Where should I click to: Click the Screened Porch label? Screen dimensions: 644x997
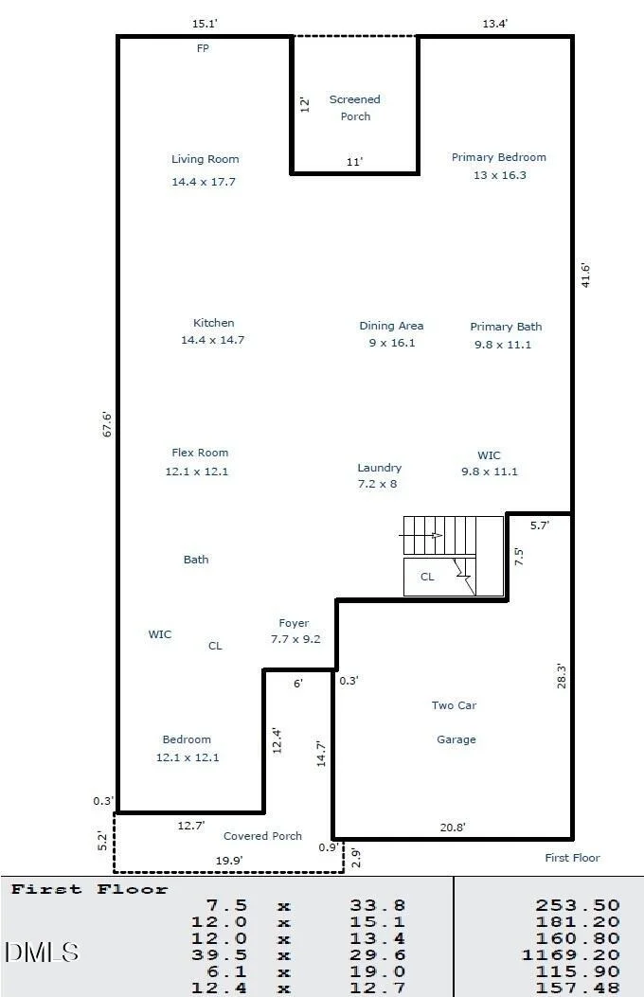coord(355,107)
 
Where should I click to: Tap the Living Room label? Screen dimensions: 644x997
coord(205,159)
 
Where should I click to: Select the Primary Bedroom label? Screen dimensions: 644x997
coord(499,157)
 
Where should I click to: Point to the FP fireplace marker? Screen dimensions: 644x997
coord(203,48)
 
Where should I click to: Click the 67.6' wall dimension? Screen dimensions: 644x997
coord(107,424)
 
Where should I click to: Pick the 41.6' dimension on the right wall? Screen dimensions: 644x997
coord(585,276)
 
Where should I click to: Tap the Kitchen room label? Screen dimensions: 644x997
coord(214,323)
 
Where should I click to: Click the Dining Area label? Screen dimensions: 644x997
coord(392,326)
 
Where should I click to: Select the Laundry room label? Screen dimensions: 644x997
coord(380,468)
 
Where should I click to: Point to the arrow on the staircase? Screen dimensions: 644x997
coord(420,535)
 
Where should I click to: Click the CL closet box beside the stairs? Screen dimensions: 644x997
coord(439,577)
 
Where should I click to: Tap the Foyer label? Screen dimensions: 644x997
coord(294,623)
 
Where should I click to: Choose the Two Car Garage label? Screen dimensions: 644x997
coord(455,722)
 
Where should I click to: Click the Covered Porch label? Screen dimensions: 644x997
coord(262,836)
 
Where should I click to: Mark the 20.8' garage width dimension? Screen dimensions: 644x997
coord(453,828)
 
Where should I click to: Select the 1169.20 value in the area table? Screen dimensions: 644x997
coord(570,954)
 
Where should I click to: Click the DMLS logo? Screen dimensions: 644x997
coord(42,952)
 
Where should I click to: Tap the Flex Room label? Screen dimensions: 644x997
coord(200,453)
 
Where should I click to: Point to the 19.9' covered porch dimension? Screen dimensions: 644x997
coord(229,861)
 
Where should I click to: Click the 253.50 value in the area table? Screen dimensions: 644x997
coord(578,905)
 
